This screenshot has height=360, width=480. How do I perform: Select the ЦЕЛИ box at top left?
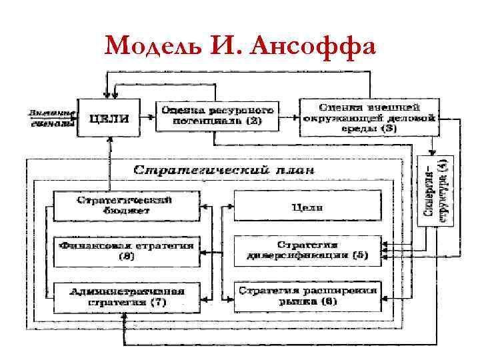[109, 117]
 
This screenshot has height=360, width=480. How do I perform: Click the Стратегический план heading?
[224, 169]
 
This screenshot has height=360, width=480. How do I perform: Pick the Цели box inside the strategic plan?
[307, 207]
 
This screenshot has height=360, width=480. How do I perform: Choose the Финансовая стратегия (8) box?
[125, 250]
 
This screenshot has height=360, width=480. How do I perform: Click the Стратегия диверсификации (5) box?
[307, 250]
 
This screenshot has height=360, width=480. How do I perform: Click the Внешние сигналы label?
[50, 119]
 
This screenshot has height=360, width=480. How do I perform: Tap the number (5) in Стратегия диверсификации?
[360, 255]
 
